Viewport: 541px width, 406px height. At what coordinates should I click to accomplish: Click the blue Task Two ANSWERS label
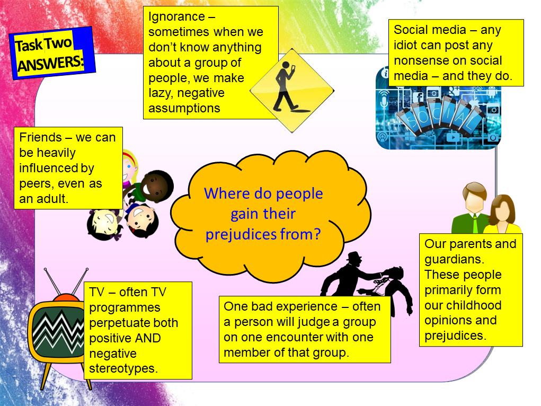pyautogui.click(x=51, y=54)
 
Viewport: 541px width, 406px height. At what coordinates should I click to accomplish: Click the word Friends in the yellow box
pyautogui.click(x=40, y=138)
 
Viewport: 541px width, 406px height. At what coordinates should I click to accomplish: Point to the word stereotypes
pyautogui.click(x=123, y=368)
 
